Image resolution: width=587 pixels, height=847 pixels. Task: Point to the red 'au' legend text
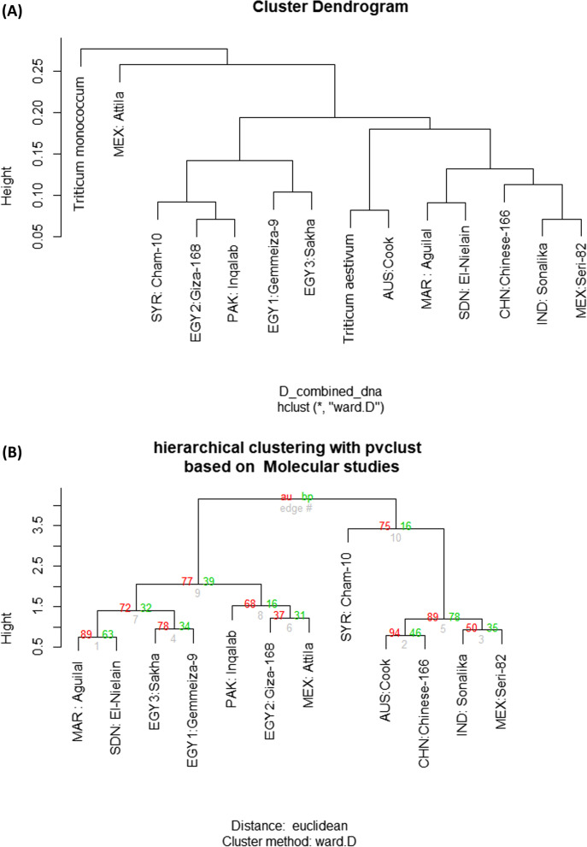(286, 497)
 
